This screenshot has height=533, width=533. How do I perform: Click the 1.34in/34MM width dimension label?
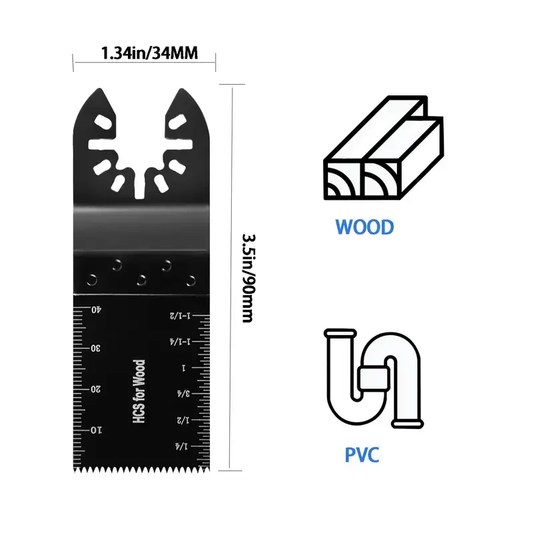[x=149, y=53]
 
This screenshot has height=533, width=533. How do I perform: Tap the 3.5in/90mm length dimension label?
[x=249, y=278]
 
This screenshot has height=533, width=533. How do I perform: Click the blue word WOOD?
[x=364, y=227]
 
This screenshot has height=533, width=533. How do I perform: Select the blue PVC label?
[x=362, y=455]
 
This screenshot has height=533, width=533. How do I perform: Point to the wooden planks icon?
[x=384, y=147]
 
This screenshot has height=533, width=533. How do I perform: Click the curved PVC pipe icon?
[x=374, y=378]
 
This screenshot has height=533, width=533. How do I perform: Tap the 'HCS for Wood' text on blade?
[x=139, y=391]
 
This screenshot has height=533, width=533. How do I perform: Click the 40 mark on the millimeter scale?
[x=96, y=310]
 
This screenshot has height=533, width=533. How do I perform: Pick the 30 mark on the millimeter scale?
[x=95, y=348]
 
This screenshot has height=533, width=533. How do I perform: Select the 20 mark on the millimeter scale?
[x=95, y=389]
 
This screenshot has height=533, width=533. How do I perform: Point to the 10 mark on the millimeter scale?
[x=96, y=430]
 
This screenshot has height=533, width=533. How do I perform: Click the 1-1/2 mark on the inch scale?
[x=180, y=315]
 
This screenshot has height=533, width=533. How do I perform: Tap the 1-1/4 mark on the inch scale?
[x=180, y=341]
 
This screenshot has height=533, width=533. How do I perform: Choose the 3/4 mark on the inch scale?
[x=183, y=394]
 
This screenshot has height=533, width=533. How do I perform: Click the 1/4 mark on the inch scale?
[x=181, y=446]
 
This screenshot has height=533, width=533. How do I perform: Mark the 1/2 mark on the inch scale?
[x=183, y=420]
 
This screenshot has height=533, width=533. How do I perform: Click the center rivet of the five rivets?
[x=141, y=280]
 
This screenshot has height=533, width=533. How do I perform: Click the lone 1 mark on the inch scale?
[x=184, y=368]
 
